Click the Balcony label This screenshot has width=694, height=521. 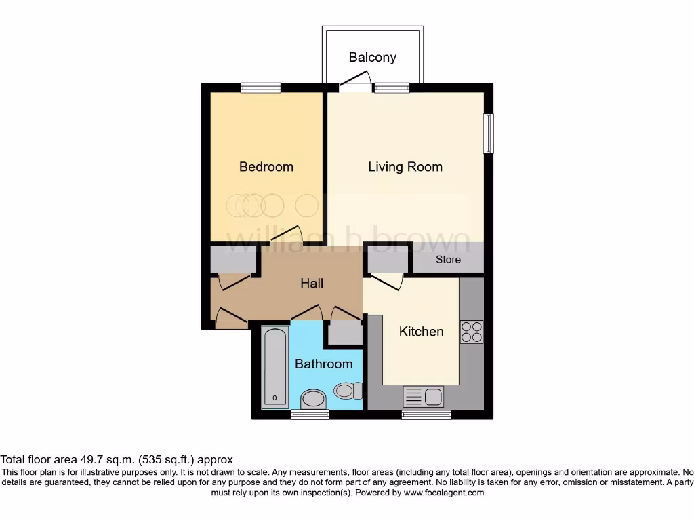[x=372, y=57]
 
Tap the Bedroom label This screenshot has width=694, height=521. [x=266, y=167]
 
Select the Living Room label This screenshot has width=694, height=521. [x=405, y=167]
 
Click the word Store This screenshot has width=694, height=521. [x=448, y=260]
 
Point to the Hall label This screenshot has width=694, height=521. [x=312, y=284]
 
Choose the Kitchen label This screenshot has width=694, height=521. [x=421, y=332]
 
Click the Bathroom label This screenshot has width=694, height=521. [x=323, y=364]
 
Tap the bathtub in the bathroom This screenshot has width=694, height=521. [x=274, y=366]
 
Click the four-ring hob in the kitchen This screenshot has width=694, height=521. [x=471, y=331]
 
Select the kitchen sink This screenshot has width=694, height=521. [x=423, y=396]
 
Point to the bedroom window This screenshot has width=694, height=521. [x=261, y=88]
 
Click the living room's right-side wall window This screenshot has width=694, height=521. [x=488, y=133]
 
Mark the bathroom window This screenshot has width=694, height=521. [x=310, y=414]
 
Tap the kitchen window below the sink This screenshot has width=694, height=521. [x=426, y=414]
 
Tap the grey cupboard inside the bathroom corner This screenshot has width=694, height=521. [x=344, y=332]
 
